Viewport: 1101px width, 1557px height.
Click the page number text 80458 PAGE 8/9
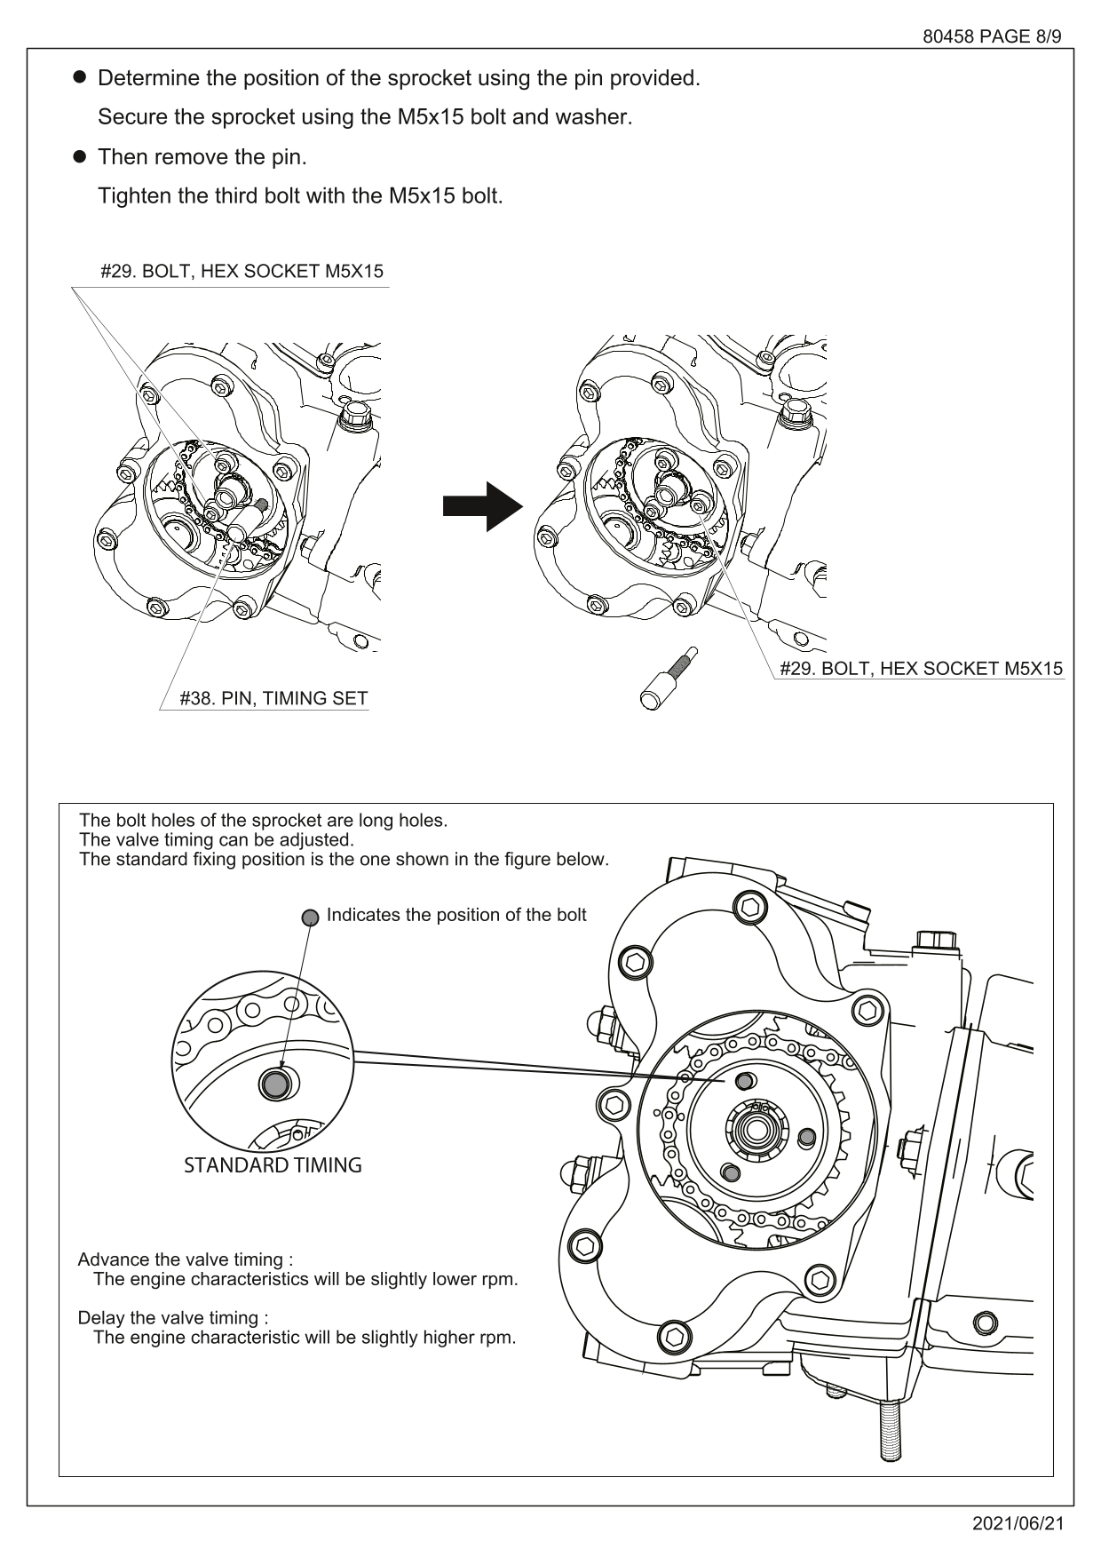[992, 36]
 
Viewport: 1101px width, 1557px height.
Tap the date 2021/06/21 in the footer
[1018, 1524]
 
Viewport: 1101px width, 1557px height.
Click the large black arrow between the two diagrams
[482, 506]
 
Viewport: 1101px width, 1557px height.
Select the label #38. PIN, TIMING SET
[273, 698]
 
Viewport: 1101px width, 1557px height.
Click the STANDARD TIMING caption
[273, 1165]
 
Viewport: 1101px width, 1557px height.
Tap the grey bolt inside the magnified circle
[275, 1084]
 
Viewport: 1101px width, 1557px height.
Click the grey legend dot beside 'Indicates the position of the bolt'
[310, 918]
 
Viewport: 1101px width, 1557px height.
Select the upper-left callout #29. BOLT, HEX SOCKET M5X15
[242, 272]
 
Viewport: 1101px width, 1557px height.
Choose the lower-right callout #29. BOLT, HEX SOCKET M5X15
[921, 669]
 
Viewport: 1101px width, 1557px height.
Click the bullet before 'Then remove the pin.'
[79, 157]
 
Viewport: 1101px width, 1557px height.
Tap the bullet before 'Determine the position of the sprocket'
[79, 77]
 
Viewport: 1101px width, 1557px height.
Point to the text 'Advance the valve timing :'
[185, 1259]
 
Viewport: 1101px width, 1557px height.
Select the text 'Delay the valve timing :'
[173, 1318]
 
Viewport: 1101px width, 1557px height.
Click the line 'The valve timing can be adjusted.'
[216, 840]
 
